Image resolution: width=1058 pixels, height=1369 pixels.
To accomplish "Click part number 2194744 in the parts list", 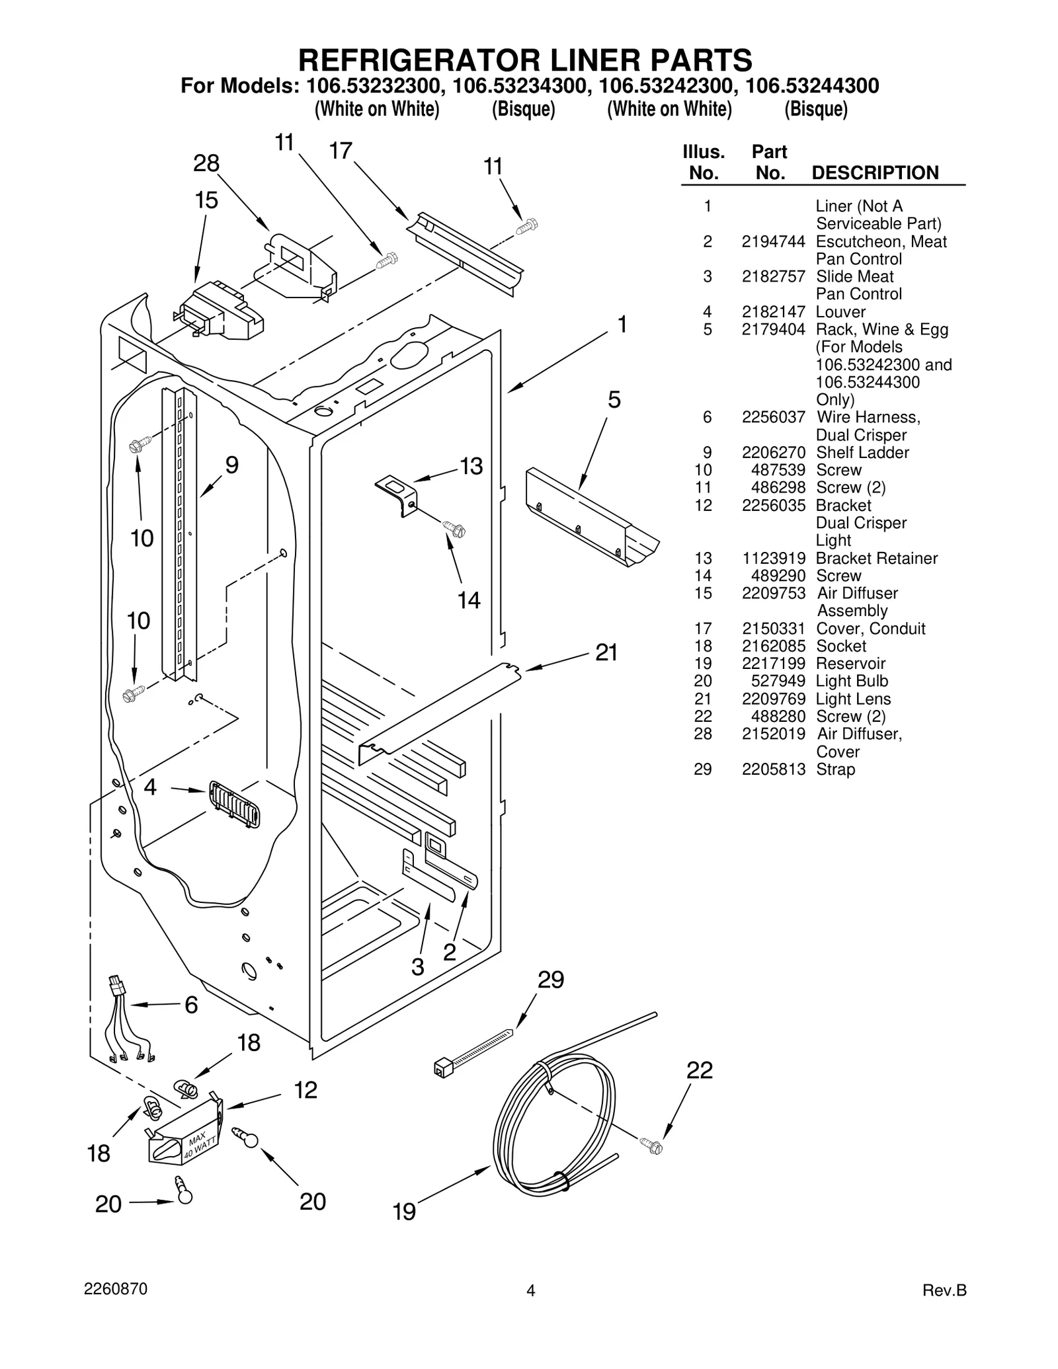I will (772, 242).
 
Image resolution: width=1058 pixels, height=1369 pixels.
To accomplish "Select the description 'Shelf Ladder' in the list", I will (862, 453).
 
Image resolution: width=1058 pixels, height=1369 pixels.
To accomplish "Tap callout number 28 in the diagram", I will (206, 163).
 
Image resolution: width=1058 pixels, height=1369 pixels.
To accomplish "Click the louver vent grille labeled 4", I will (234, 804).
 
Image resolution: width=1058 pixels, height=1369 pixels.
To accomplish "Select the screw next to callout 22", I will (651, 1146).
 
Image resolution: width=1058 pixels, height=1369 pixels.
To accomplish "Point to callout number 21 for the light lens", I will (606, 652).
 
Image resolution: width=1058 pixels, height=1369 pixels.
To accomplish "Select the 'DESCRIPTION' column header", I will (874, 173).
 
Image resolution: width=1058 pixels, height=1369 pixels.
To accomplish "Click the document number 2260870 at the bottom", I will (116, 1289).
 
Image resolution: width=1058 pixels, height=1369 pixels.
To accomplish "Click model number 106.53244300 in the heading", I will (812, 87).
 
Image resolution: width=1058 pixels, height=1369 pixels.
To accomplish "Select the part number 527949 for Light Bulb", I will (778, 682).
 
